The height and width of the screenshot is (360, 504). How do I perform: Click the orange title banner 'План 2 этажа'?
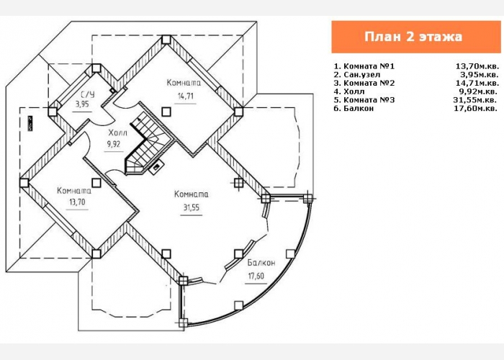416,37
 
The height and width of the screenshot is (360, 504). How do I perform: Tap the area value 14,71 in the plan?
186,96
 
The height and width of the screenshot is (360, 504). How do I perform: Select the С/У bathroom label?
87,94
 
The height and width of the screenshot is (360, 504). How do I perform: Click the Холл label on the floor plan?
118,132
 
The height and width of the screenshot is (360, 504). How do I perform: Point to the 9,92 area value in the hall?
114,144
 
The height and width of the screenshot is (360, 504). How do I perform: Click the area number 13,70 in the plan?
77,202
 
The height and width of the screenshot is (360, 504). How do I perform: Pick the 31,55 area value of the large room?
192,207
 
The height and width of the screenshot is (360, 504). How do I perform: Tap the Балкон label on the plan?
261,263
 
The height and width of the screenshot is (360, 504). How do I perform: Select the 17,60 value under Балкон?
256,276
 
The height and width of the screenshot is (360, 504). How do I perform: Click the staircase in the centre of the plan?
146,145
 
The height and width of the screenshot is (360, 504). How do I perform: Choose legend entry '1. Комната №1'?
364,66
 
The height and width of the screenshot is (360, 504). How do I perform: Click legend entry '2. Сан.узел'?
357,75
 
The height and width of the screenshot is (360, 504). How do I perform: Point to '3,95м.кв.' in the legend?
480,75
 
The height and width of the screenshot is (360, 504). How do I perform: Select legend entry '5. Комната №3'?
364,99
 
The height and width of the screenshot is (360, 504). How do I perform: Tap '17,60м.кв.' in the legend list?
476,108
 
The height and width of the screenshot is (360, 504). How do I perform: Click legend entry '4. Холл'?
349,91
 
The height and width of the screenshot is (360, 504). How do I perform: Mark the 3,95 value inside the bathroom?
82,104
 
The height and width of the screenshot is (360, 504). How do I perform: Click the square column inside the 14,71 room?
166,112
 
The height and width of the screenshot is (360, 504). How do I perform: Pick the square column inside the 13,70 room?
96,183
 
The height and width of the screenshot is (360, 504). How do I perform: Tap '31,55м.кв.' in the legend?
476,99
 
